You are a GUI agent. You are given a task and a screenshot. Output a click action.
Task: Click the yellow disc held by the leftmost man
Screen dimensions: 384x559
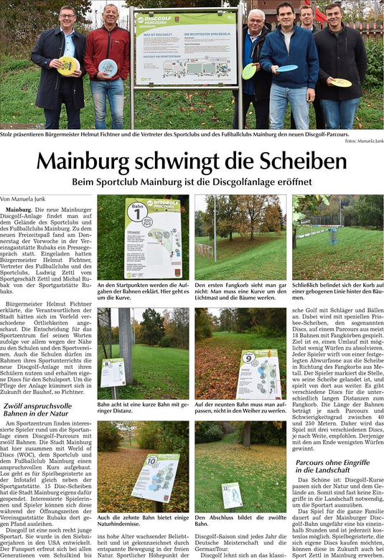pyautogui.click(x=67, y=65)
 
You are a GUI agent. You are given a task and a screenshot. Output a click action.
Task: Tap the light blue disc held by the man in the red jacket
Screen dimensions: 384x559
pyautogui.click(x=108, y=67)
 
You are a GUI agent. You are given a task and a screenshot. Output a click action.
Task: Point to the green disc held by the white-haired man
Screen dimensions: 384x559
pyautogui.click(x=248, y=71)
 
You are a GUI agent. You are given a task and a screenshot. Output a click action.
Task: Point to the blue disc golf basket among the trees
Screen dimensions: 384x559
pyautogui.click(x=333, y=235)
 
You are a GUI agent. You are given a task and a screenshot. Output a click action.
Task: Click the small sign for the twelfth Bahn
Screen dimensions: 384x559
pyautogui.click(x=230, y=495)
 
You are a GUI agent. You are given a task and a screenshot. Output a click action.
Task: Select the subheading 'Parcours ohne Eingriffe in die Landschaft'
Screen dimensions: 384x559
pyautogui.click(x=332, y=466)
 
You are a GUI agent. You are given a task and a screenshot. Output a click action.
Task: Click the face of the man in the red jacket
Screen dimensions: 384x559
pyautogui.click(x=110, y=14)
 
